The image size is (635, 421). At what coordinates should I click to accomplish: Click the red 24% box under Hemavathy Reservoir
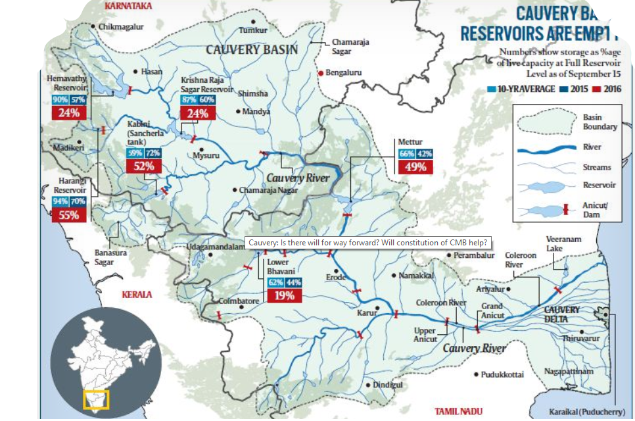click(x=70, y=112)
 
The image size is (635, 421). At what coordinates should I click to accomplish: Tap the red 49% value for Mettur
click(x=415, y=166)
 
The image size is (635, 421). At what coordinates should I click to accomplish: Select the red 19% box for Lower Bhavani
click(x=284, y=295)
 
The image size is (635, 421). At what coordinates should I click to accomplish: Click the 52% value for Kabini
click(x=143, y=166)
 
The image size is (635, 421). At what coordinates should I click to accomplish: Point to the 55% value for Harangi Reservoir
click(x=69, y=214)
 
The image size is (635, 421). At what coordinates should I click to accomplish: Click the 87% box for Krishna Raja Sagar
click(x=189, y=99)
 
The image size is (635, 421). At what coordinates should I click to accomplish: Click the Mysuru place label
click(x=205, y=157)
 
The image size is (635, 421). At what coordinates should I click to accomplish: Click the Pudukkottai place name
click(x=502, y=374)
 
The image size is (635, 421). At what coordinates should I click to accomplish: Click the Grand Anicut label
click(x=492, y=310)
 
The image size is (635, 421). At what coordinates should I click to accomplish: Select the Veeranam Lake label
click(x=563, y=244)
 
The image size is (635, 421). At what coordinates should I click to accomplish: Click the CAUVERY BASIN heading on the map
click(x=252, y=49)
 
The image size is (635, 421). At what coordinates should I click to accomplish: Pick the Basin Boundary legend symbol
click(x=546, y=122)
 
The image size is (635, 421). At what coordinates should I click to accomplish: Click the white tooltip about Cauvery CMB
click(x=368, y=243)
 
